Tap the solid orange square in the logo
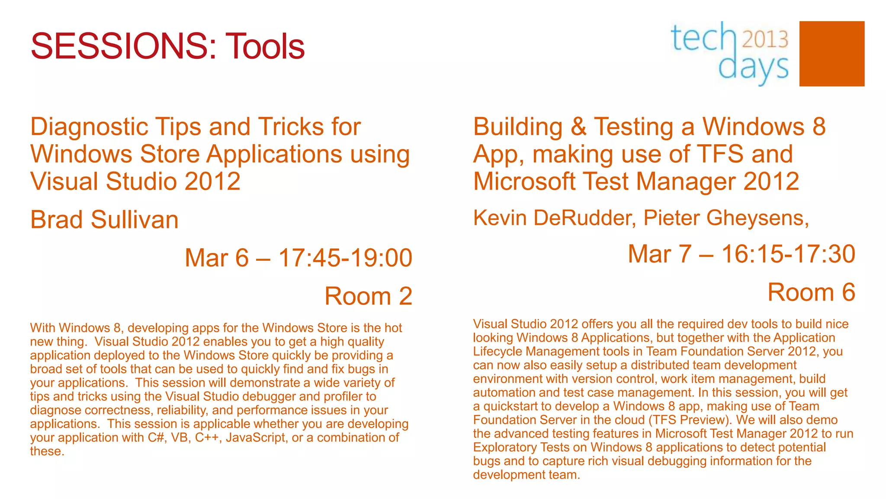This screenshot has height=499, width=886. click(831, 54)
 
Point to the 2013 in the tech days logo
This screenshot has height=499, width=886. click(765, 39)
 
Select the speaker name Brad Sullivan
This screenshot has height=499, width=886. click(104, 220)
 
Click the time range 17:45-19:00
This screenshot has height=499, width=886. click(345, 258)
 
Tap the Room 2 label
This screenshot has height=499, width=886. click(368, 296)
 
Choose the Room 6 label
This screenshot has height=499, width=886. click(811, 292)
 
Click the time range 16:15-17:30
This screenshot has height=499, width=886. click(788, 254)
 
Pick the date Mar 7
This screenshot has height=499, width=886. click(659, 254)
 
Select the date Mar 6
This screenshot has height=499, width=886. click(216, 258)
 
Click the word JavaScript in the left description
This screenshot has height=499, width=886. click(256, 437)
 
